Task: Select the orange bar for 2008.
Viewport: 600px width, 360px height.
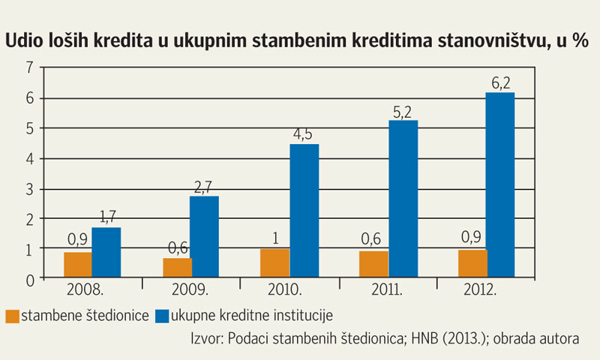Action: pyautogui.click(x=78, y=265)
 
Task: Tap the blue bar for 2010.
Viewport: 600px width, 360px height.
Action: pyautogui.click(x=304, y=211)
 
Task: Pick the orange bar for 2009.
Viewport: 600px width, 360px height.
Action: pyautogui.click(x=177, y=268)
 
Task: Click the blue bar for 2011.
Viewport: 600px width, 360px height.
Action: pyautogui.click(x=403, y=199)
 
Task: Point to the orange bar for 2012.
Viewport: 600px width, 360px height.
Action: pyautogui.click(x=472, y=264)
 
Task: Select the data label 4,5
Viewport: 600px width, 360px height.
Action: pyautogui.click(x=304, y=134)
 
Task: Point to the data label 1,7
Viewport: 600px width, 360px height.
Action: pyautogui.click(x=106, y=217)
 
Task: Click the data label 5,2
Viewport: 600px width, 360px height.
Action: pyautogui.click(x=403, y=111)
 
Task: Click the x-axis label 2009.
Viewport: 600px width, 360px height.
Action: pyautogui.click(x=191, y=289)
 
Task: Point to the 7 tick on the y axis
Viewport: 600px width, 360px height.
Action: pyautogui.click(x=30, y=68)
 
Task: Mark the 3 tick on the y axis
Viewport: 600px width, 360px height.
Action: pyautogui.click(x=30, y=189)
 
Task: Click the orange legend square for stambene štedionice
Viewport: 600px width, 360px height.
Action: pyautogui.click(x=13, y=316)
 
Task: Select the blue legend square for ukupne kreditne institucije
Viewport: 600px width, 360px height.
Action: pyautogui.click(x=161, y=316)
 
